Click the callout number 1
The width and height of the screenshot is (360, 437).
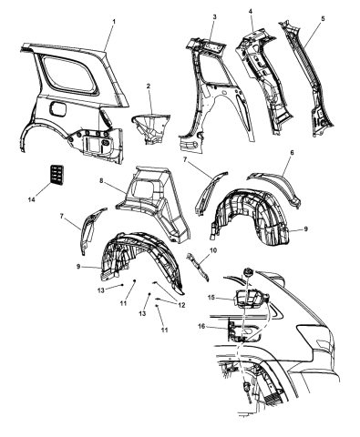click(x=114, y=22)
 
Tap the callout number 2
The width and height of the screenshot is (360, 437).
click(x=149, y=86)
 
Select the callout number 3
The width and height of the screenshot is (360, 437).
click(x=214, y=16)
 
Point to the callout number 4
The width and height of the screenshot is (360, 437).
click(x=250, y=11)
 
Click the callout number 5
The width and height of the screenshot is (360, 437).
click(x=323, y=18)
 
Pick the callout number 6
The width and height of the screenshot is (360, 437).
click(x=292, y=153)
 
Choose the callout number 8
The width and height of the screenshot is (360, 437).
click(x=101, y=181)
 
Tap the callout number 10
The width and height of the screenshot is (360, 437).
click(x=213, y=250)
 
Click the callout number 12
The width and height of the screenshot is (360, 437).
click(x=181, y=306)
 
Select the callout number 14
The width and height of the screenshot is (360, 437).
click(x=32, y=199)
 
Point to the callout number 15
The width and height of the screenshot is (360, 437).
click(x=211, y=298)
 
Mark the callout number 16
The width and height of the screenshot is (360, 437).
click(x=201, y=326)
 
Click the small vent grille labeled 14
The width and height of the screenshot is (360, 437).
click(x=57, y=175)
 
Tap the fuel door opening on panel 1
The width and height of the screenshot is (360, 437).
click(x=57, y=109)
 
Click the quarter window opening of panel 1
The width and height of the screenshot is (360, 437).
click(x=68, y=75)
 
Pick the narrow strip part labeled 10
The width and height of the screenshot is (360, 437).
click(x=198, y=267)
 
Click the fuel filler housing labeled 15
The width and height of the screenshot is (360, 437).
click(x=249, y=299)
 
